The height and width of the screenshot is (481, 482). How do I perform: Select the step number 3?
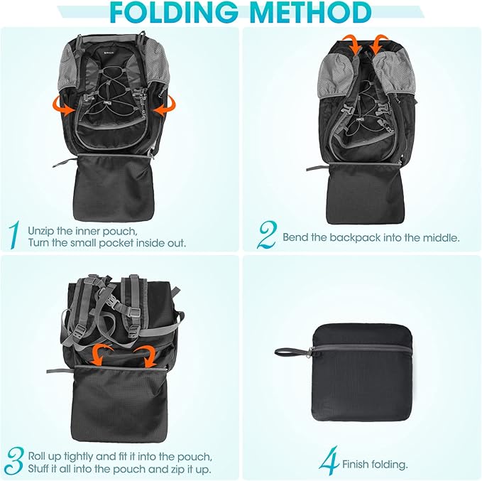(15, 461)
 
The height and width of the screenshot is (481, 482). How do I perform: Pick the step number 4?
(328, 463)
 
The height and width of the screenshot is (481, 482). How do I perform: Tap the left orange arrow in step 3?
(102, 353)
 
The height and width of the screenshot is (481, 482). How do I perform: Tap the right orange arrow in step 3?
(148, 355)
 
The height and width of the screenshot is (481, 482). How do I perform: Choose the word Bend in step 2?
(295, 237)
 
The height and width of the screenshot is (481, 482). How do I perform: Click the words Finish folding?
(375, 465)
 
